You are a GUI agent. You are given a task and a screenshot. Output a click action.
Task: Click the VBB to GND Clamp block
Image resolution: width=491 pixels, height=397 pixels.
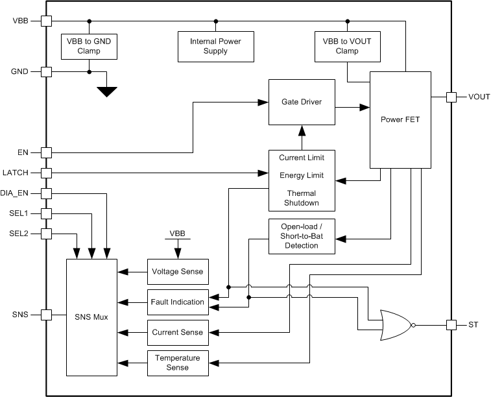click(89, 46)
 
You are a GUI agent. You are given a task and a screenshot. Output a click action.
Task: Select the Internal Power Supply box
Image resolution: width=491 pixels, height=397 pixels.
click(216, 46)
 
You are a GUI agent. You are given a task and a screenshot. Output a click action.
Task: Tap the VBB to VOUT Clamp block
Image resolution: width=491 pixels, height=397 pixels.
click(342, 46)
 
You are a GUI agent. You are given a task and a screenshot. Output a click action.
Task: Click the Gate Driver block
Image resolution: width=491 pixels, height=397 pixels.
click(302, 102)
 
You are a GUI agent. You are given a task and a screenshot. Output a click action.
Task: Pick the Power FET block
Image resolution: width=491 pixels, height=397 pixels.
click(400, 119)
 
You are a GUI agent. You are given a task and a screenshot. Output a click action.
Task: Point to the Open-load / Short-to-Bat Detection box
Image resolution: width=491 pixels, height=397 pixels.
click(302, 237)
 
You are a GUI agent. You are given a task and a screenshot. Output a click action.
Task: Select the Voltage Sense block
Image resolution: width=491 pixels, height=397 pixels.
click(178, 272)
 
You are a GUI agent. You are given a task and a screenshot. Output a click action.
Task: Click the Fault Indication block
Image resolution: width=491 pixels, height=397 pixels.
click(178, 302)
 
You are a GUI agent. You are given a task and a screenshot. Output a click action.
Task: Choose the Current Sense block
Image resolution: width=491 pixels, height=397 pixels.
click(178, 332)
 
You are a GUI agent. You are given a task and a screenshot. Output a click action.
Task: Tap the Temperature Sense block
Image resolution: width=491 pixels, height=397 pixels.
click(178, 362)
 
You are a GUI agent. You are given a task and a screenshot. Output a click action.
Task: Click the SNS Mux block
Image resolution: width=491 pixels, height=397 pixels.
click(91, 317)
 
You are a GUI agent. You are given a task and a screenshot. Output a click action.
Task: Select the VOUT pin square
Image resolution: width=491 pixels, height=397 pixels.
click(451, 97)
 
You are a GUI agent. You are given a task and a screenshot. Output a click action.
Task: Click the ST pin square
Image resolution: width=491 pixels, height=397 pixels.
click(451, 324)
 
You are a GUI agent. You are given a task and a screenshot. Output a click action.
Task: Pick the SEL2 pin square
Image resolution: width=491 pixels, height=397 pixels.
click(46, 234)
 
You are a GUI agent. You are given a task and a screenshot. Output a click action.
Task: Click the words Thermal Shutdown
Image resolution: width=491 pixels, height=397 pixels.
click(302, 197)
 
